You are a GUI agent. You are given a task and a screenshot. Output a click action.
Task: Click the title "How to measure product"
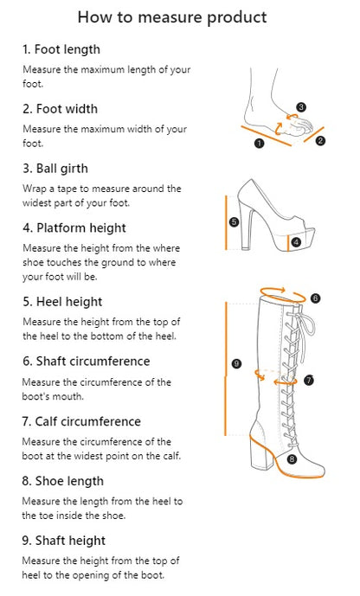pos(171,17)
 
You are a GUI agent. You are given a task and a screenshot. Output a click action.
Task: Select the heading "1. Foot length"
pos(61,49)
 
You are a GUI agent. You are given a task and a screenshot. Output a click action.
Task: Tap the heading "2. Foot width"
pos(60,109)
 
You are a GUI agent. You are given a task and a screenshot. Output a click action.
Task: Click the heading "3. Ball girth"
pos(55,168)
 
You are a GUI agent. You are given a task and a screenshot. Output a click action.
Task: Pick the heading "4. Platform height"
pos(74,228)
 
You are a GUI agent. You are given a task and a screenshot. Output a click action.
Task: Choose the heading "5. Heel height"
pos(61,301)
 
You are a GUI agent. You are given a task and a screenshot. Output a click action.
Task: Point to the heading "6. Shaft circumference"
pos(86,361)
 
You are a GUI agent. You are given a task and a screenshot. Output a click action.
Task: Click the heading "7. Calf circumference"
pos(81,421)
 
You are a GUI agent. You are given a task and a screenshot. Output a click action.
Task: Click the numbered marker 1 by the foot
pos(259,144)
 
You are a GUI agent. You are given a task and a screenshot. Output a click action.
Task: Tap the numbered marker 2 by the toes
pos(319,141)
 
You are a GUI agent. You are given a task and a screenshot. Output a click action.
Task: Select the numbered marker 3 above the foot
pos(301,107)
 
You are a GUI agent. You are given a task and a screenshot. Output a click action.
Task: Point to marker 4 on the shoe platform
pos(296,243)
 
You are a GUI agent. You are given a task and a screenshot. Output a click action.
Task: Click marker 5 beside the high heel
pos(234,221)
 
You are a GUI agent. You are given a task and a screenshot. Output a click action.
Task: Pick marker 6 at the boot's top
pos(315,298)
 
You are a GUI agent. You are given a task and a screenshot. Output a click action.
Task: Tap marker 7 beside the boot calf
pos(309,380)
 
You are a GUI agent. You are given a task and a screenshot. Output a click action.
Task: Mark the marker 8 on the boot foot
pos(292,458)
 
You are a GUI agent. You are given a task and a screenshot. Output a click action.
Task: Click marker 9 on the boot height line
pos(236,365)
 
